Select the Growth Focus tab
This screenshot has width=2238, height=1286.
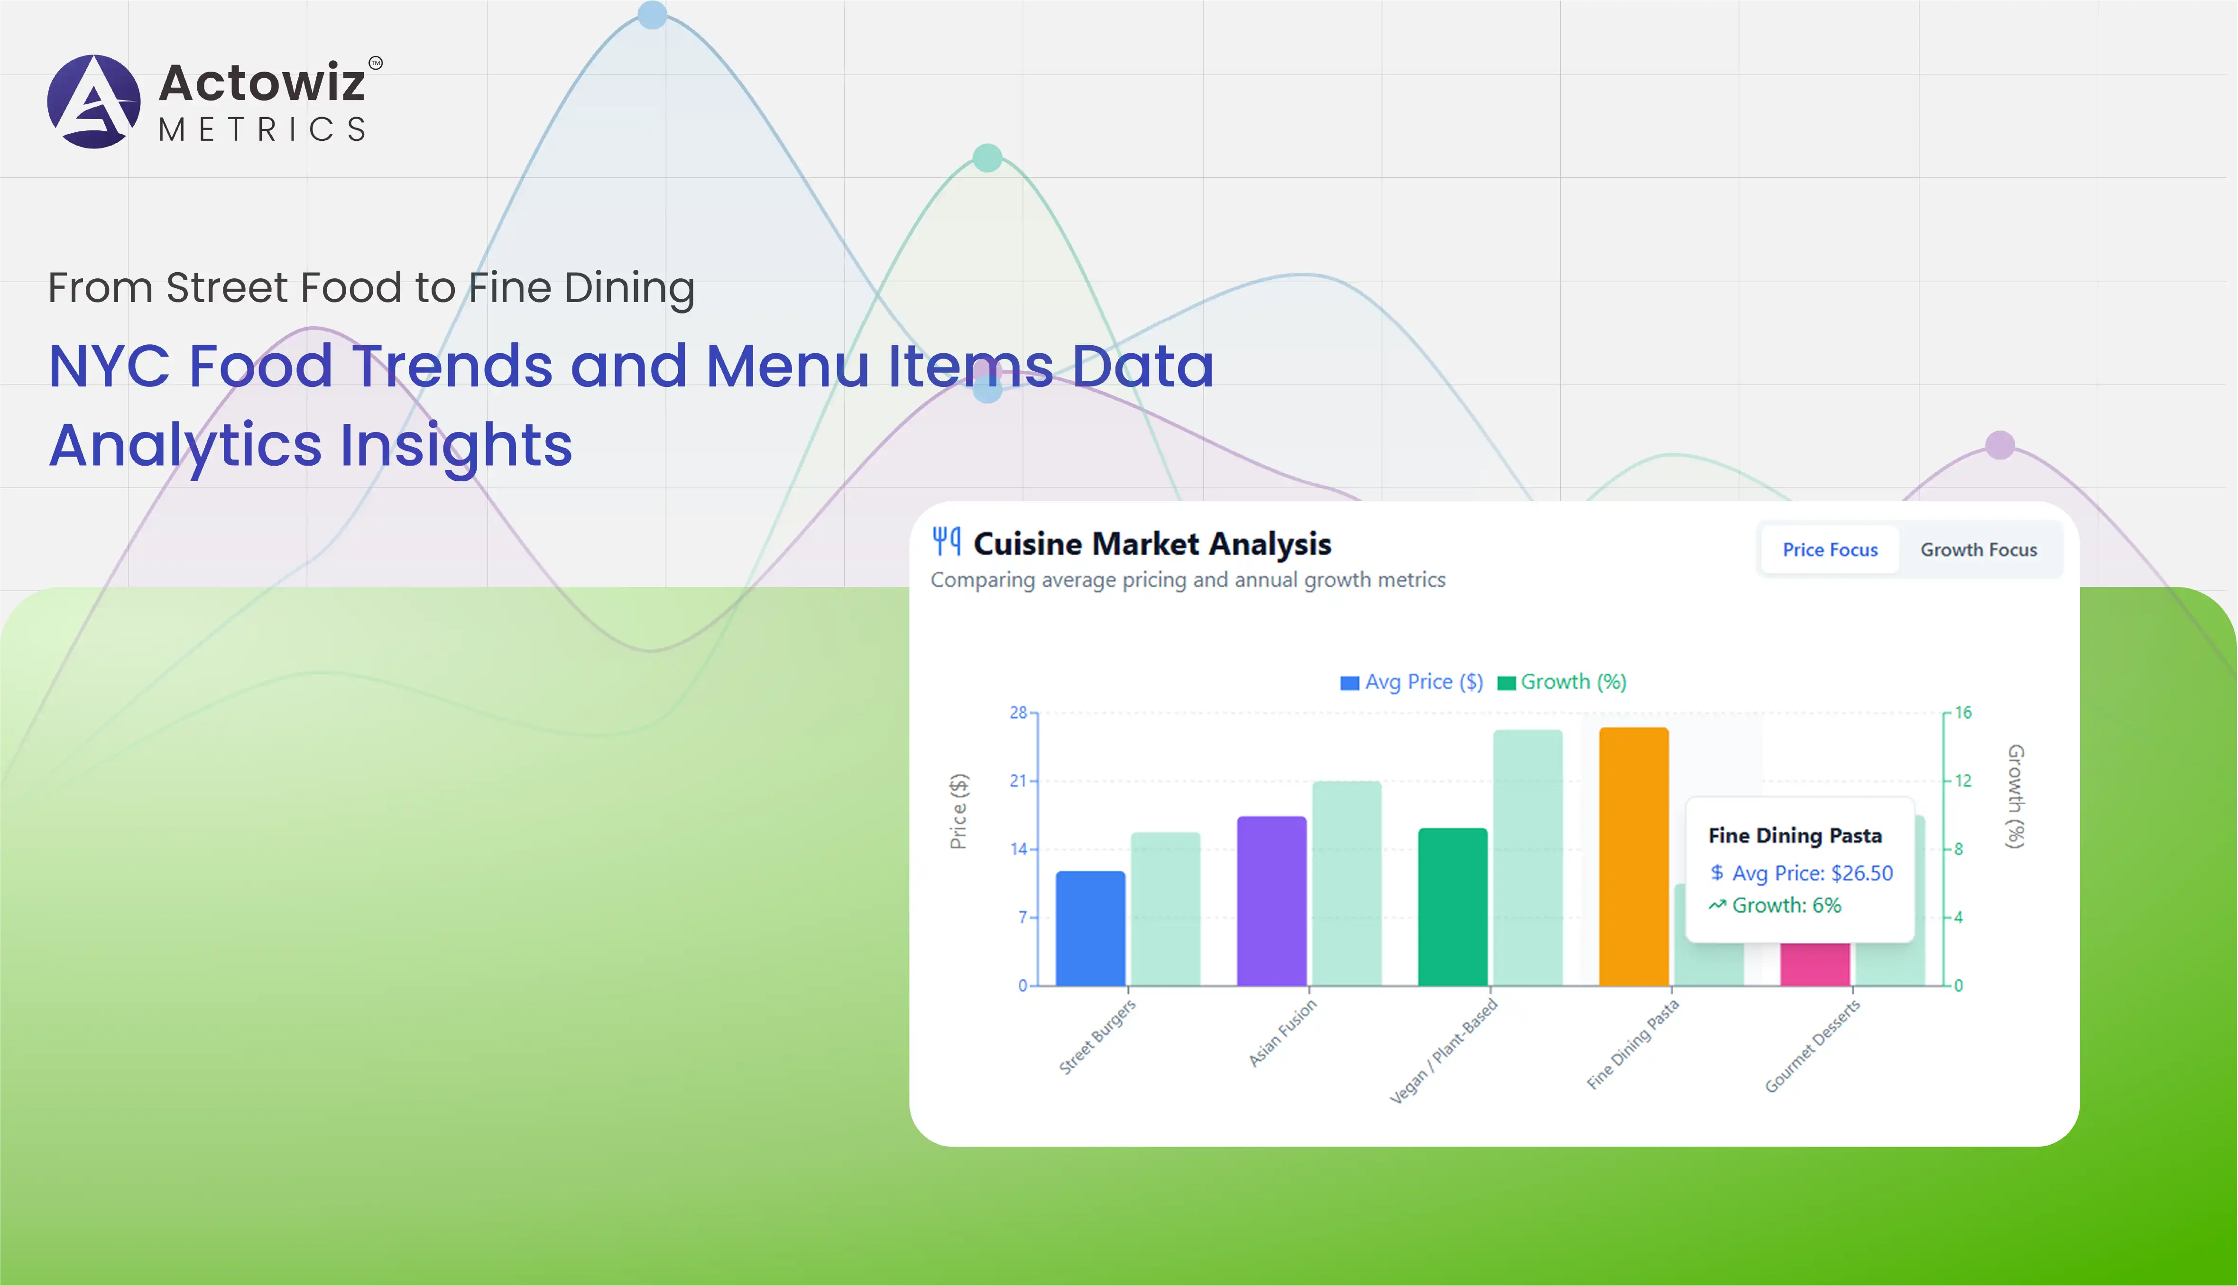pos(1978,550)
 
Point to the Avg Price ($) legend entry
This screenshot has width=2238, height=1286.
pos(1411,682)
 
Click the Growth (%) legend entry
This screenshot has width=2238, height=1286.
pos(1561,682)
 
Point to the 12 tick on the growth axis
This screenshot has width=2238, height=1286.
pos(1962,781)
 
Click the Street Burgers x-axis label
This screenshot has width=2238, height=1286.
pos(1097,1036)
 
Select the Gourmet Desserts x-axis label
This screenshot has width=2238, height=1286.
pos(1812,1046)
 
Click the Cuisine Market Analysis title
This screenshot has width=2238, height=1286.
pos(1151,544)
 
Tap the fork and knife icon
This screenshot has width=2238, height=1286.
pos(946,541)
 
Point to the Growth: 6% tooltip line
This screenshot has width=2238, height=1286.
pos(1775,905)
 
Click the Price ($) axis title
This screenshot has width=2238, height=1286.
pos(958,811)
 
